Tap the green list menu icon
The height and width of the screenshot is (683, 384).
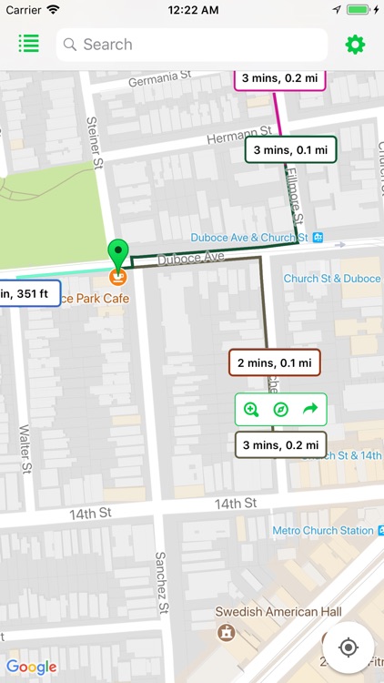tap(28, 44)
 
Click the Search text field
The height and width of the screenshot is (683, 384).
tap(191, 45)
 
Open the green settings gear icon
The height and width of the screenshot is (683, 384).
tap(354, 45)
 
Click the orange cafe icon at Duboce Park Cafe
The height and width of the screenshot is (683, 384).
tap(117, 276)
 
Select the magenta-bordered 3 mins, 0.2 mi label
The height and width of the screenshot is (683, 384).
tap(279, 78)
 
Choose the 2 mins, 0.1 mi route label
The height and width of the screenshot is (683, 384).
tap(274, 362)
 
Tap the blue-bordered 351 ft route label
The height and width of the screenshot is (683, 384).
tap(29, 292)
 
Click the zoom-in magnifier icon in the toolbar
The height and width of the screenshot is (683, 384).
tap(251, 410)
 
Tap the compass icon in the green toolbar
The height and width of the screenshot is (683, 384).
tap(280, 410)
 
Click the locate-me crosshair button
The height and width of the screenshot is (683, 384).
tap(348, 647)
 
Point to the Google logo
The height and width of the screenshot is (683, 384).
tap(32, 668)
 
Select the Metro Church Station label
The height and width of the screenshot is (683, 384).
tap(322, 530)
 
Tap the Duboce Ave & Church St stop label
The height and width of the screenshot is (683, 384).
tap(249, 238)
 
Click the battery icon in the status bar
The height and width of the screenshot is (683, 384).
tap(358, 9)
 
